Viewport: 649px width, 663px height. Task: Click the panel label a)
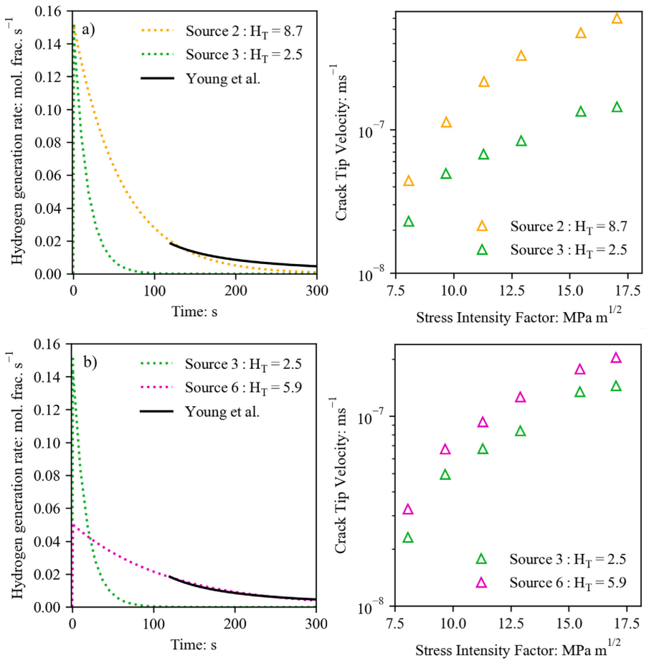(x=89, y=29)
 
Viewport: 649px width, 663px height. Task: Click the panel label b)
(x=90, y=362)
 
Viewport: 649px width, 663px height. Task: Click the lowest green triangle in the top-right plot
(x=409, y=222)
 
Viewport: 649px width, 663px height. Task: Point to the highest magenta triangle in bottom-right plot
(x=615, y=358)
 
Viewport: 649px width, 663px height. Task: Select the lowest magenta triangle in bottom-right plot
(x=408, y=509)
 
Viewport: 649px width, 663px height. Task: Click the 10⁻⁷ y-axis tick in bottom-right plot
(x=371, y=415)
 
